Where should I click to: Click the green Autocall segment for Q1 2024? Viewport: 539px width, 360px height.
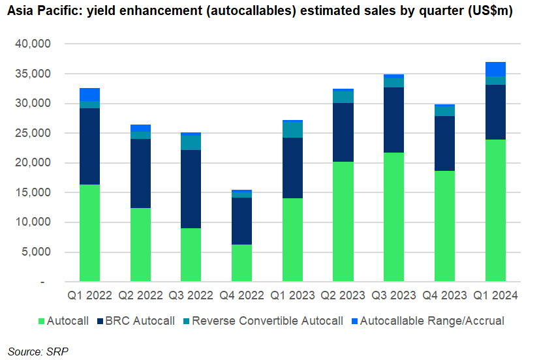click(x=495, y=211)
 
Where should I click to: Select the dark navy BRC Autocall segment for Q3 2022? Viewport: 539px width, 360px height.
click(x=191, y=189)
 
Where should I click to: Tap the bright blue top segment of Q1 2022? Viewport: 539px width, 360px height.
click(x=89, y=95)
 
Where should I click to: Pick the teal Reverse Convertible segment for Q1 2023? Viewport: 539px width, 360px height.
click(x=292, y=130)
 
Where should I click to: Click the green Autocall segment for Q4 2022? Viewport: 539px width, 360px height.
click(x=241, y=263)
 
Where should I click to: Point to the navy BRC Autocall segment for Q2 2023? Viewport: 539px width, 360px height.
click(x=343, y=132)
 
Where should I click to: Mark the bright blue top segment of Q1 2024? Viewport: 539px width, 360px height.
click(x=495, y=69)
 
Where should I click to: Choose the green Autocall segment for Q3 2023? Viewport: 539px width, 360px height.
click(x=394, y=217)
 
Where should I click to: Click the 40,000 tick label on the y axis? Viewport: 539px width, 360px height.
click(x=33, y=44)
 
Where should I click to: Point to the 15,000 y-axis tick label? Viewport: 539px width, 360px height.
click(x=33, y=192)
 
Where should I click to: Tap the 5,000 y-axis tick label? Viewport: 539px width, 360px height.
click(x=36, y=252)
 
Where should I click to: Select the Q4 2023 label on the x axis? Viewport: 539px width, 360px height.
click(x=444, y=295)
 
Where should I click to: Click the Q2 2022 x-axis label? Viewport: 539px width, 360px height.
click(x=140, y=295)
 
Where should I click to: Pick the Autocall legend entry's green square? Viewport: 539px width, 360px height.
click(x=41, y=322)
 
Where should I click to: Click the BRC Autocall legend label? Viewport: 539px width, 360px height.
click(x=140, y=321)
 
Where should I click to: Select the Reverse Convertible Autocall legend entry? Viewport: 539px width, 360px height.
click(x=264, y=321)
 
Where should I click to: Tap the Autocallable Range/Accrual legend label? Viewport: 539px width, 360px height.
click(x=432, y=321)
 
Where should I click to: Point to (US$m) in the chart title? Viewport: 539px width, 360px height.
click(x=491, y=11)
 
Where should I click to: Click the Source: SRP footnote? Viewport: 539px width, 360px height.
click(x=38, y=352)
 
